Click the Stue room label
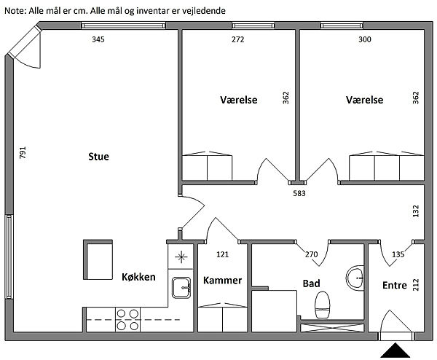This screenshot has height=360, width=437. [98, 157]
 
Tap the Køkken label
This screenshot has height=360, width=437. [138, 277]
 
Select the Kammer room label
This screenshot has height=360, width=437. [222, 281]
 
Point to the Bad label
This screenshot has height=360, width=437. [311, 283]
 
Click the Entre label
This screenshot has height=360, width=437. [395, 285]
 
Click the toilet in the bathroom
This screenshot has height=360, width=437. [323, 305]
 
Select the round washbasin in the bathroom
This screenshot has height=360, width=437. [355, 278]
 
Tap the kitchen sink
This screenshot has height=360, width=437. [181, 288]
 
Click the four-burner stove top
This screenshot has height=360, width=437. [127, 320]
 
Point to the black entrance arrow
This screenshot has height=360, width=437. [395, 351]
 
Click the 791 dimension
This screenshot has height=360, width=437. [23, 152]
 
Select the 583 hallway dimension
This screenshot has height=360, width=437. [299, 193]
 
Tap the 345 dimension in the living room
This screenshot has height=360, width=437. [98, 39]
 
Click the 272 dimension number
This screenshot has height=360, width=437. [237, 39]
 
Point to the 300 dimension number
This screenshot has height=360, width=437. [365, 39]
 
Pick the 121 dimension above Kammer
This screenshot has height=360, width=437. [222, 254]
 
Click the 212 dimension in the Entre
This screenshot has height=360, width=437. [416, 285]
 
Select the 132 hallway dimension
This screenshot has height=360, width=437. [416, 211]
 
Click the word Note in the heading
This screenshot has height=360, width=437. [15, 11]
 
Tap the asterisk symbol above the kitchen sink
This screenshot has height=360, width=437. [181, 257]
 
